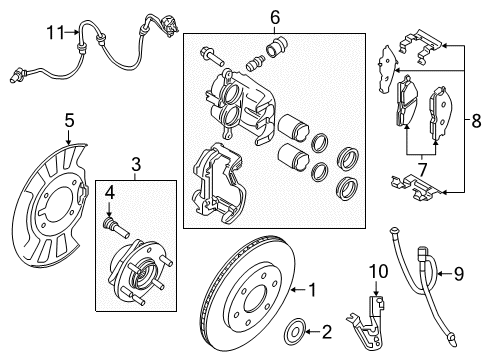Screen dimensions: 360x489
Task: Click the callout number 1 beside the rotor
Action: [312, 290]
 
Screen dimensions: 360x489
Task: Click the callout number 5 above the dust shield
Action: [68, 121]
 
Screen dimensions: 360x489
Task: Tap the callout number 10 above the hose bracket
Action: [379, 272]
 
